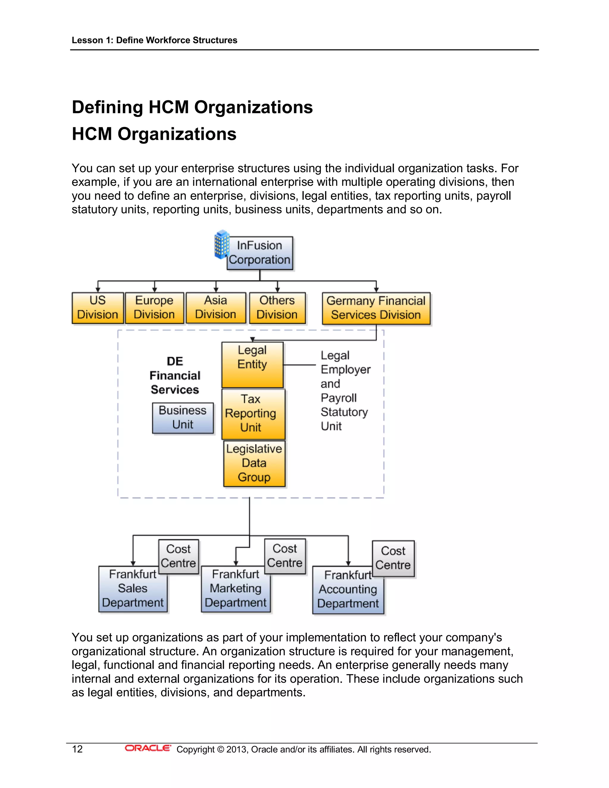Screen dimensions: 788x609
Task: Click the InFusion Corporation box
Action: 260,253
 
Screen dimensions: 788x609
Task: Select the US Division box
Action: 98,308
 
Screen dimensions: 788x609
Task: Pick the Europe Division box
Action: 154,308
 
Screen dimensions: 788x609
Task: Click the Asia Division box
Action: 216,308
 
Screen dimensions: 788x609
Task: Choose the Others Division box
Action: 277,308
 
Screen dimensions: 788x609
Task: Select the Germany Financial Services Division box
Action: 376,308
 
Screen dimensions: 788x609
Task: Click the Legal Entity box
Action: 252,365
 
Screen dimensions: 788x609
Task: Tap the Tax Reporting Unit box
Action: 253,414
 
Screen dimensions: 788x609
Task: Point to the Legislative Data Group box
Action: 254,463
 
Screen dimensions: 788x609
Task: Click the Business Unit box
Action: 183,418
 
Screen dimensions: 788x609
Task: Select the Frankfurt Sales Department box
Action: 132,589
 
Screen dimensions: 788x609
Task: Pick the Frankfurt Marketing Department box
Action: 235,589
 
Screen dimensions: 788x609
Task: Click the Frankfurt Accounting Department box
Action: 348,590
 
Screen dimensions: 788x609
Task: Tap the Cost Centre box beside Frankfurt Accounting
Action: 393,558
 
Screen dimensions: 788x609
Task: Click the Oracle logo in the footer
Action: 147,748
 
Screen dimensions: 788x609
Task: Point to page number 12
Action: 77,749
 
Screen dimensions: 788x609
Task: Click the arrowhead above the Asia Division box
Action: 216,289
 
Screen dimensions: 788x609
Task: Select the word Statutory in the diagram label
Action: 344,412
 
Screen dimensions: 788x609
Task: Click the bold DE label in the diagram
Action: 175,361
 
